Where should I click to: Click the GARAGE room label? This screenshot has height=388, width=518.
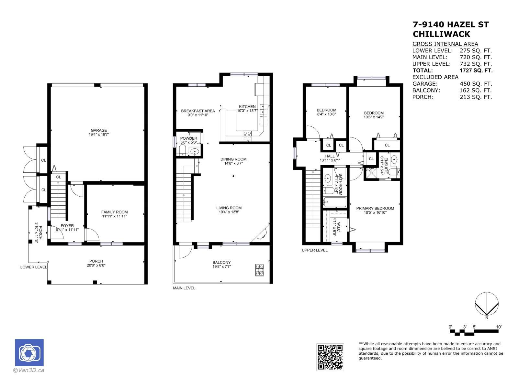[x=99, y=131]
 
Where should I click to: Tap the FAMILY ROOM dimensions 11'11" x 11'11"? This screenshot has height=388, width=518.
[x=114, y=216]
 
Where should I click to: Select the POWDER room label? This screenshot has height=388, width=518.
[x=188, y=138]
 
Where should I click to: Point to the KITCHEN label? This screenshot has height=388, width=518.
[x=247, y=107]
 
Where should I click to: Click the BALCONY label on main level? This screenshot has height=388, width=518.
[x=221, y=263]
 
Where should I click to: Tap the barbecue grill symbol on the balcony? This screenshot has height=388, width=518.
[x=260, y=270]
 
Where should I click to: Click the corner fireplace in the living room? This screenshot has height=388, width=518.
[x=262, y=234]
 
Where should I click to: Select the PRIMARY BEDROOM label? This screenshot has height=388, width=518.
[x=375, y=209]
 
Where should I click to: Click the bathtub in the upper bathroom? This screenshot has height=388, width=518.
[x=335, y=203]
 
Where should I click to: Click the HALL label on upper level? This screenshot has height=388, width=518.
[x=330, y=156]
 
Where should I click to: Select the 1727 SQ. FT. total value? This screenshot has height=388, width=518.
[x=476, y=70]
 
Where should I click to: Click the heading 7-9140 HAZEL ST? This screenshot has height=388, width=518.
[x=450, y=25]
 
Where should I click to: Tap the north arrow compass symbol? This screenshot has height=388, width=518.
[x=486, y=304]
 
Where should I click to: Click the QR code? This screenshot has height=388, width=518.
[x=330, y=357]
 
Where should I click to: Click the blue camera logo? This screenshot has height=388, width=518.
[x=29, y=353]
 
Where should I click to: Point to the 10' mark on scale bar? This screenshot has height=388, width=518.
[x=499, y=327]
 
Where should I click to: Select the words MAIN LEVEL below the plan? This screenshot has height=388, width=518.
[x=184, y=288]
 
